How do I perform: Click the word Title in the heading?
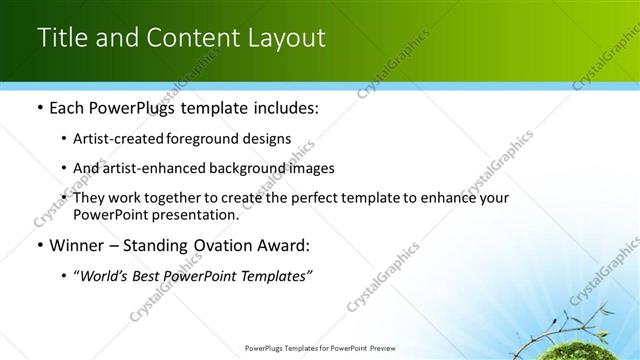click(x=60, y=38)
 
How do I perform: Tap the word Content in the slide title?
click(x=188, y=38)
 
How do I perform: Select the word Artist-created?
click(x=115, y=139)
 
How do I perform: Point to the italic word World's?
click(x=105, y=276)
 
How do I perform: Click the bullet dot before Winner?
click(x=38, y=245)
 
